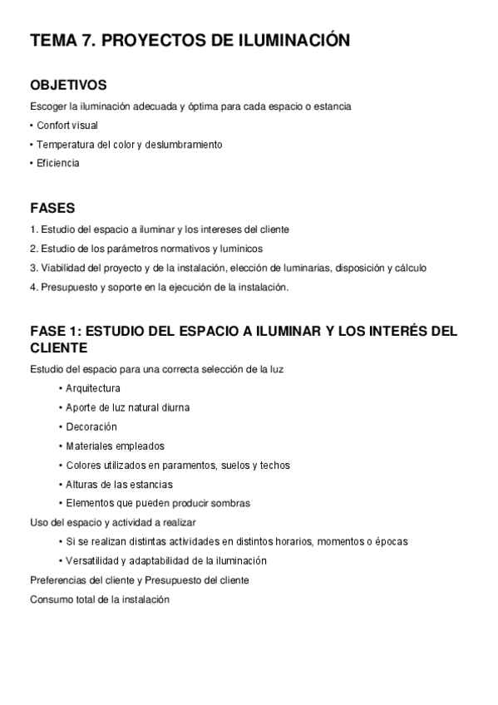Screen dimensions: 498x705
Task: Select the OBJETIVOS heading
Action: point(68,86)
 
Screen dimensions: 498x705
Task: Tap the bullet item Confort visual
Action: point(67,126)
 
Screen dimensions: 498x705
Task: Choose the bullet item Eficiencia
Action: point(58,163)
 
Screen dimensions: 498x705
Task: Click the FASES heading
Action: point(52,208)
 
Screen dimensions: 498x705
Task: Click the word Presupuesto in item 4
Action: point(65,287)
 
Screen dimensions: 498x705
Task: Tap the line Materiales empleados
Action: point(115,446)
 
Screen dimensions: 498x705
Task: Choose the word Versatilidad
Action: point(94,560)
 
